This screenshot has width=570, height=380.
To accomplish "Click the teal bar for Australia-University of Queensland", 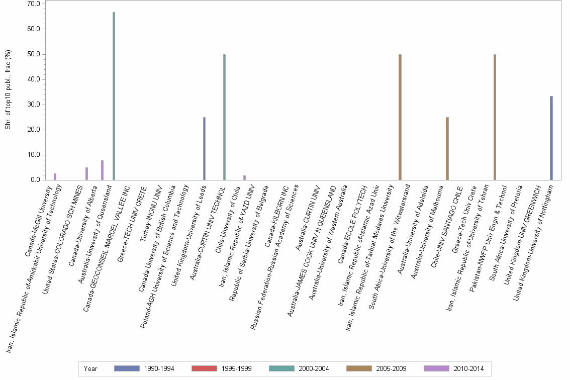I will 114,96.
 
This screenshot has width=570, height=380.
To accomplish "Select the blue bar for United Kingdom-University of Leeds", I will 204,148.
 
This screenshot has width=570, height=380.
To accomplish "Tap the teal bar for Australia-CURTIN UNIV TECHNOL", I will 224,117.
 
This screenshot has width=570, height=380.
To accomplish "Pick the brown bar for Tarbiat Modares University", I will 400,117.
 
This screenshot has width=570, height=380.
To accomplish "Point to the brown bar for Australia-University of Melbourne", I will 447,148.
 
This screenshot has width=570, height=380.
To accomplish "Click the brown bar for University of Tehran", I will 495,117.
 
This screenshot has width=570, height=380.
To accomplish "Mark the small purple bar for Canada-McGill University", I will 55,176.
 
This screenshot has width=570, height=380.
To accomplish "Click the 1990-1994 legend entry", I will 144,369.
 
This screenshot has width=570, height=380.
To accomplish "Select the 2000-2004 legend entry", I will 299,369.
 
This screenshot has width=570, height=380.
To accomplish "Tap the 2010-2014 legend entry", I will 454,369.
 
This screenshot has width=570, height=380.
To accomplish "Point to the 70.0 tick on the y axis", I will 34,4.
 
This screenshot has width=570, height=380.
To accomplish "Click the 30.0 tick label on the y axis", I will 34,105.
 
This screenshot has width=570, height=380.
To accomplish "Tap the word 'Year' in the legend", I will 90,369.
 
